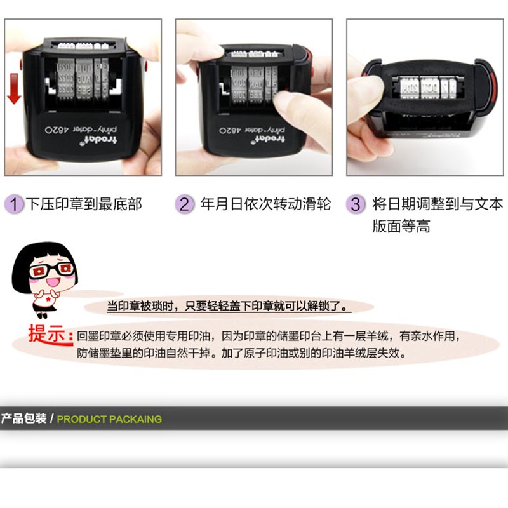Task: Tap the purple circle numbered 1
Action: [14, 204]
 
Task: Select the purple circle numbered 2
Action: [184, 204]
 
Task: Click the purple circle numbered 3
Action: [356, 204]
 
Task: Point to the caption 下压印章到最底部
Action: [84, 204]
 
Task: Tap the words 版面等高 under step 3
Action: [401, 227]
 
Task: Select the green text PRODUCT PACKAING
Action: [109, 419]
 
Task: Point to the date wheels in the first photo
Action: [81, 79]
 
